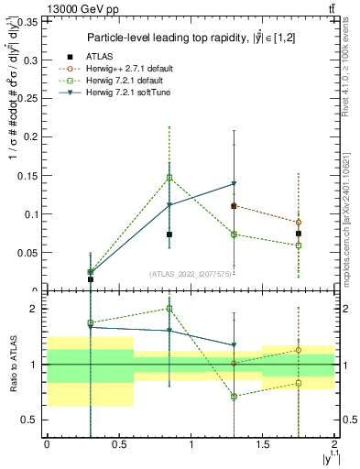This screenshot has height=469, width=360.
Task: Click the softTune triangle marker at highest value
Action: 235,184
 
